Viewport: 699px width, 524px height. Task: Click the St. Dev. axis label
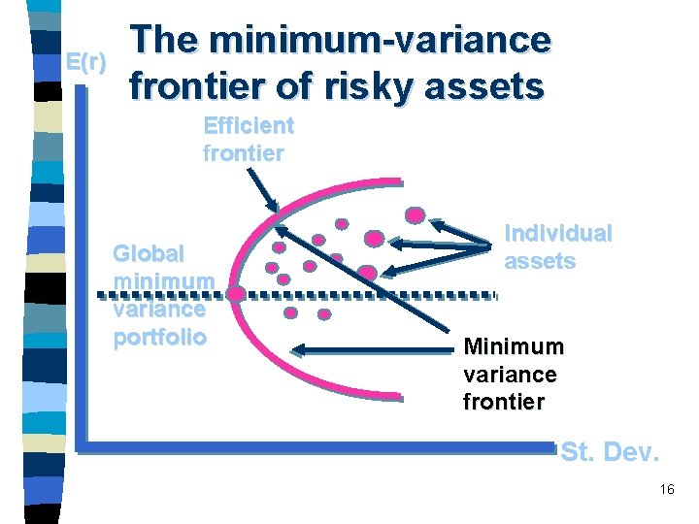click(610, 452)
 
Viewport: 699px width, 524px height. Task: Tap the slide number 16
click(666, 489)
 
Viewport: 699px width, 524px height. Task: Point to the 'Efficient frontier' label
click(248, 139)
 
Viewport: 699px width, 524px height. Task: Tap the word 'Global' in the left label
click(149, 254)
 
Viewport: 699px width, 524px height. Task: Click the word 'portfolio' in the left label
click(159, 337)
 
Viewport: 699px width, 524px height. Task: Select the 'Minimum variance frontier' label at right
click(512, 374)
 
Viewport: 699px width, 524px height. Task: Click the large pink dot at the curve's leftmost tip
click(235, 292)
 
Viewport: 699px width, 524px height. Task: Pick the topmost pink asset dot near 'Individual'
click(416, 215)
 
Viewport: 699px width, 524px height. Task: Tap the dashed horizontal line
click(369, 293)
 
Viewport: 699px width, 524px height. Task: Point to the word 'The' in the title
click(166, 40)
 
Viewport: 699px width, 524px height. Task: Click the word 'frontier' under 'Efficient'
click(243, 152)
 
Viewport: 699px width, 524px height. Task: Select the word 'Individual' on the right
click(558, 233)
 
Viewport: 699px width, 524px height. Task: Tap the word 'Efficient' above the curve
click(248, 125)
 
